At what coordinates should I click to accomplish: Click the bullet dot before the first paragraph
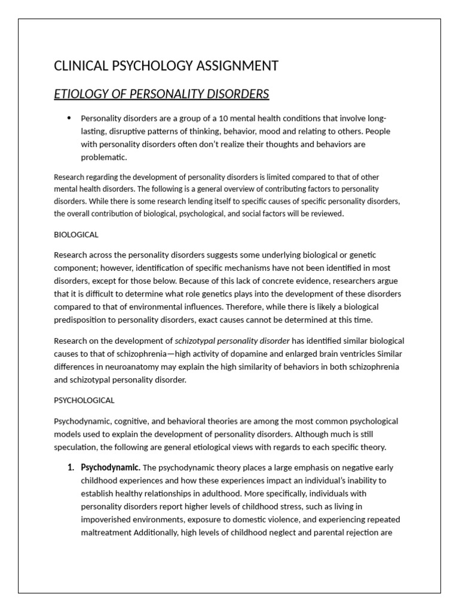click(x=70, y=117)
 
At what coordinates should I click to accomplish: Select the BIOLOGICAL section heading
click(x=76, y=235)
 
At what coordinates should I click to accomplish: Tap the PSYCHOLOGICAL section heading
click(x=84, y=400)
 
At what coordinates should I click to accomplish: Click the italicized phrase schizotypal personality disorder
click(x=232, y=341)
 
